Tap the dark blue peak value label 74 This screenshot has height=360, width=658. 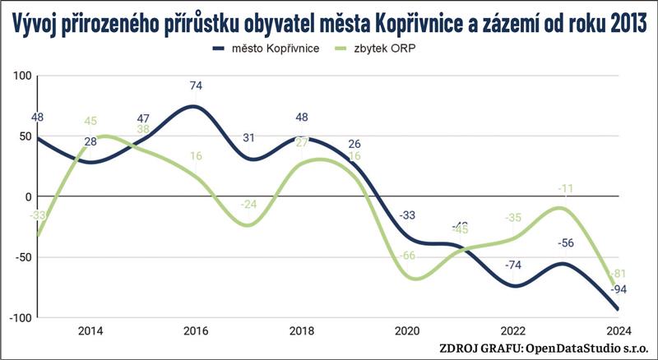coord(195,85)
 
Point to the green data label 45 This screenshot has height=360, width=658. coord(90,121)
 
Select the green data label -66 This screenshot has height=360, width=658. coord(407,256)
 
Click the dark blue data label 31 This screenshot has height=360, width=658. coord(248,137)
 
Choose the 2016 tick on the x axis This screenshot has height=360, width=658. coord(195,331)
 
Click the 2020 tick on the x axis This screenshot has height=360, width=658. coord(407,331)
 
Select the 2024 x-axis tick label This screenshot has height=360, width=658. coord(618,331)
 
